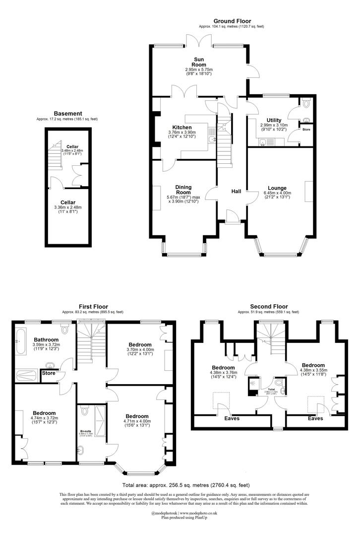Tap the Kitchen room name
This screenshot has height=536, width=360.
(182, 127)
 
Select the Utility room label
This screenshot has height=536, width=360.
(274, 120)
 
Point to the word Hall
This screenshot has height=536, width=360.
(236, 191)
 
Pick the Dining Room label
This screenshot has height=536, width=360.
(183, 190)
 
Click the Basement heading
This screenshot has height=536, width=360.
(68, 114)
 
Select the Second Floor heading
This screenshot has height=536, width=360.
(269, 307)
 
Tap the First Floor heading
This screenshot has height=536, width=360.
(93, 307)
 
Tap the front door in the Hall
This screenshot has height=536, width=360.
(232, 215)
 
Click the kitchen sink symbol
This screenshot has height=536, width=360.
(212, 139)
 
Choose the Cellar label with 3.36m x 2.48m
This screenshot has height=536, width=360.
(68, 202)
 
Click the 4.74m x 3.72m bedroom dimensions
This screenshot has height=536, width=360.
(44, 419)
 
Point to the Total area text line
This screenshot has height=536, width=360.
(186, 485)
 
